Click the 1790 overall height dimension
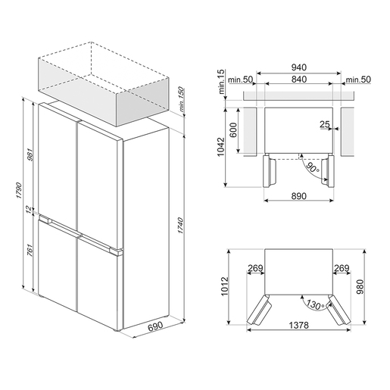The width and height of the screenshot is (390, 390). (19, 190)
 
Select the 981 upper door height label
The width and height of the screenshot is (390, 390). (30, 154)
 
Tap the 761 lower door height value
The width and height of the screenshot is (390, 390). (30, 251)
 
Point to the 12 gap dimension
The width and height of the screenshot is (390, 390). (30, 210)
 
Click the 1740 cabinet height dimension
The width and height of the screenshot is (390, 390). (180, 225)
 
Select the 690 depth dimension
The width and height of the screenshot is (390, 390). (155, 326)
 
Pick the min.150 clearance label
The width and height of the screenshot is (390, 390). (182, 99)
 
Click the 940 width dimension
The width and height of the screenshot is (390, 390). (299, 67)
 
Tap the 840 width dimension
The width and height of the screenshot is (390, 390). (299, 80)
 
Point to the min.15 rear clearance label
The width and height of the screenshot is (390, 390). (221, 82)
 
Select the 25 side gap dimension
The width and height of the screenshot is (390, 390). (325, 124)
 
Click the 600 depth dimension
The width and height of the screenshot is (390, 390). (233, 129)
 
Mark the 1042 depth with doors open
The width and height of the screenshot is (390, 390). (221, 147)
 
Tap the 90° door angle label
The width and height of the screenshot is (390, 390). (312, 167)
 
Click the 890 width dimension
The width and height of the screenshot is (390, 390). (299, 196)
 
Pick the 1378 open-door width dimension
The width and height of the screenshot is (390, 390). (298, 325)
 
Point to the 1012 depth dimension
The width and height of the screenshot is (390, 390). (224, 286)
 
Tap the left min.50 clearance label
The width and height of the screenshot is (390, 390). (240, 80)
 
